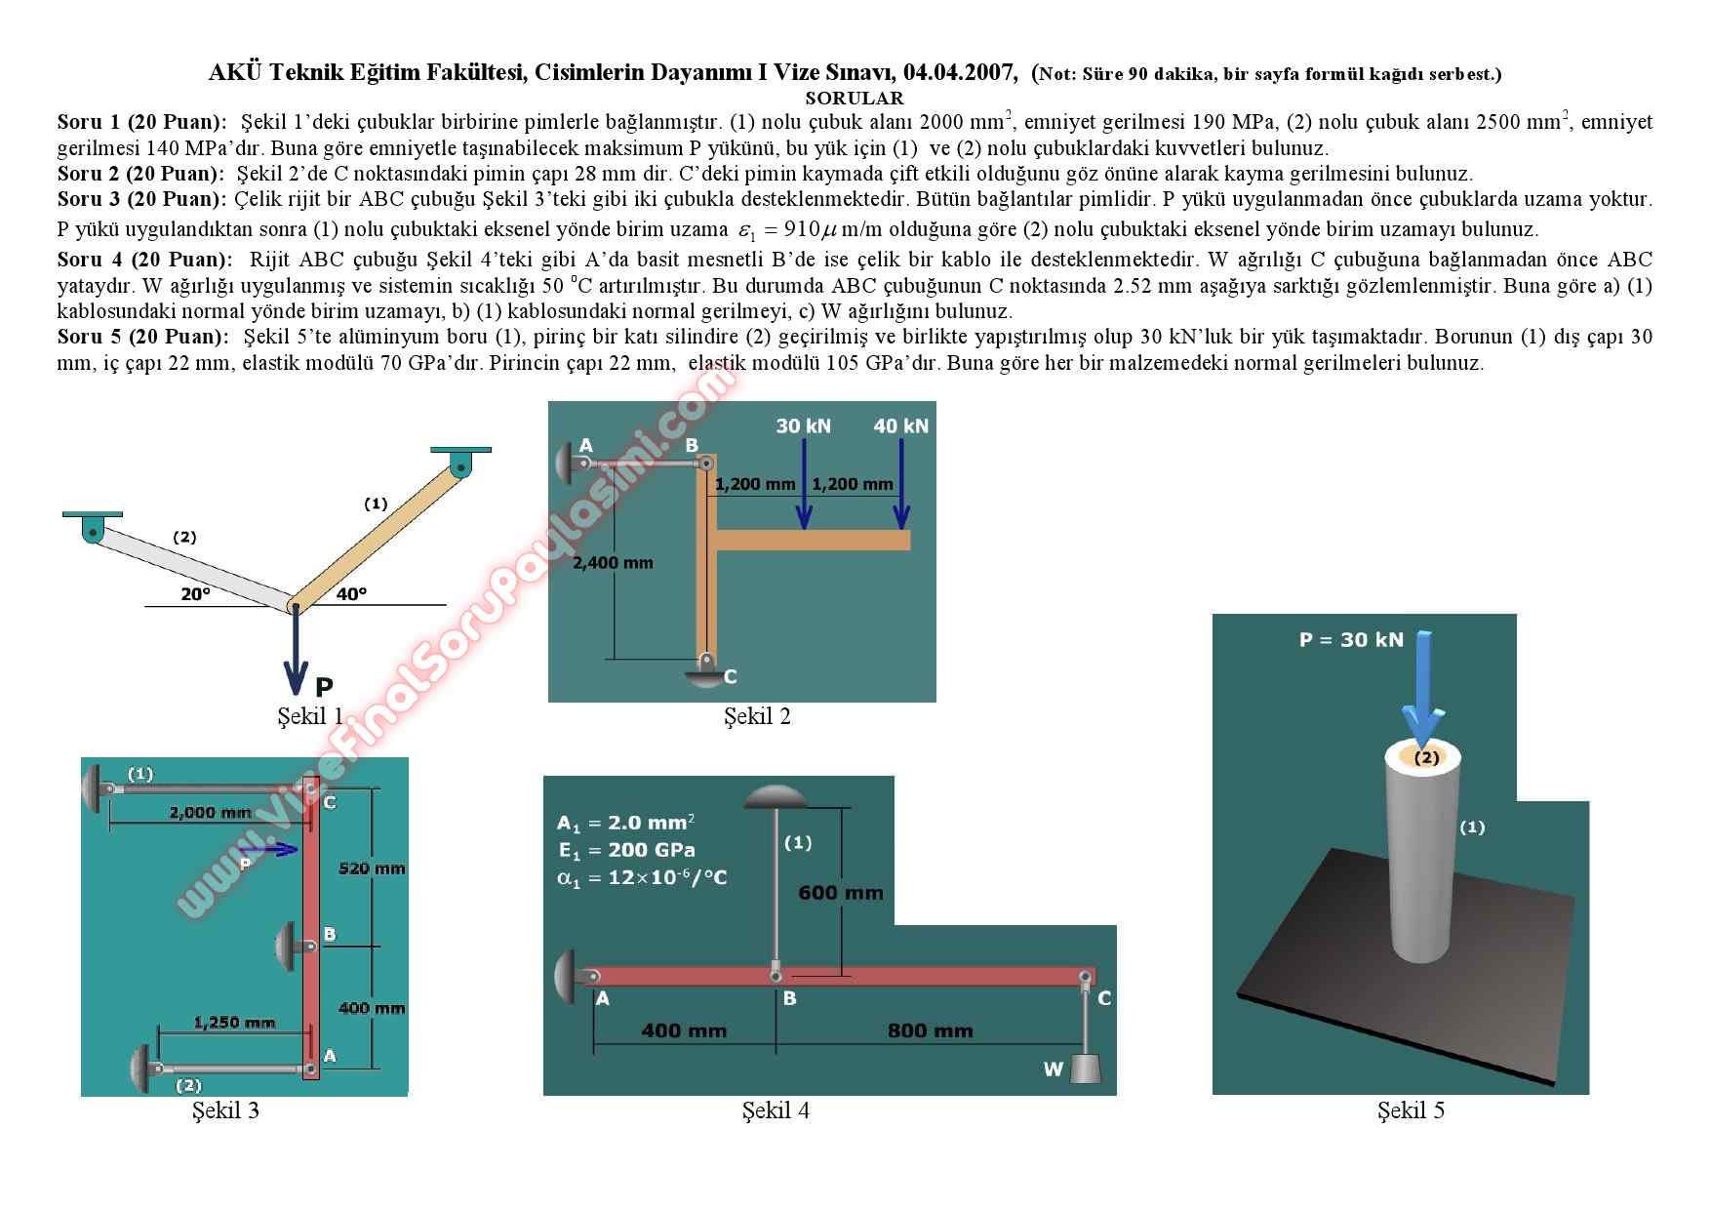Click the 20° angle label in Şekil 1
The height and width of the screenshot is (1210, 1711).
[196, 593]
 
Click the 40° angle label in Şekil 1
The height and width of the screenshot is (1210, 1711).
[352, 593]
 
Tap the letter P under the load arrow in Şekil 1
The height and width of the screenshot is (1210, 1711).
[324, 688]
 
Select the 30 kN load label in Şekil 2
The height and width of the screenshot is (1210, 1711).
[804, 425]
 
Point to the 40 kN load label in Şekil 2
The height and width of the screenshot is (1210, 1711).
[901, 425]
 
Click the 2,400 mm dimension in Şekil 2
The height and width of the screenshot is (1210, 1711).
[613, 562]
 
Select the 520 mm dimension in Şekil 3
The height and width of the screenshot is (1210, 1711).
[372, 867]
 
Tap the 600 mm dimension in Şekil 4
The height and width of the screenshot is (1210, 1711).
[841, 892]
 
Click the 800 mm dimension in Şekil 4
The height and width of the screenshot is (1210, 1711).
[931, 1030]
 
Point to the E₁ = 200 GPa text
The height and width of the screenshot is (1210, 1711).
[626, 850]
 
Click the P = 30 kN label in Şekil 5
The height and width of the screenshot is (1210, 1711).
[1351, 640]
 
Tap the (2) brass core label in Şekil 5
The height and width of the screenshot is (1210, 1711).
[1426, 757]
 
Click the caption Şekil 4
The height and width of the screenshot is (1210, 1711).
[776, 1109]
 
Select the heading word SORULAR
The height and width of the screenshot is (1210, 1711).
[855, 98]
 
